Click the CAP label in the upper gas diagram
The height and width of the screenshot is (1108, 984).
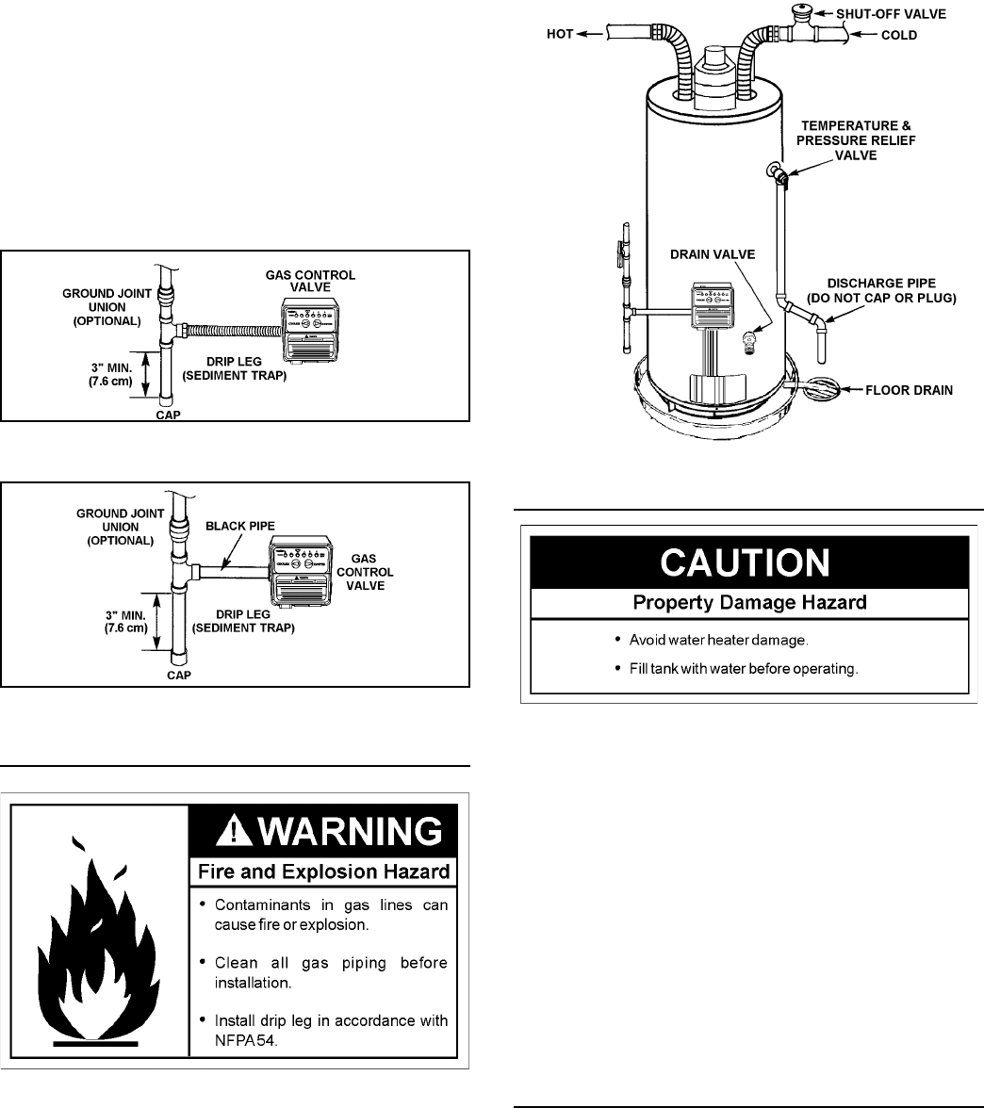pyautogui.click(x=166, y=411)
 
